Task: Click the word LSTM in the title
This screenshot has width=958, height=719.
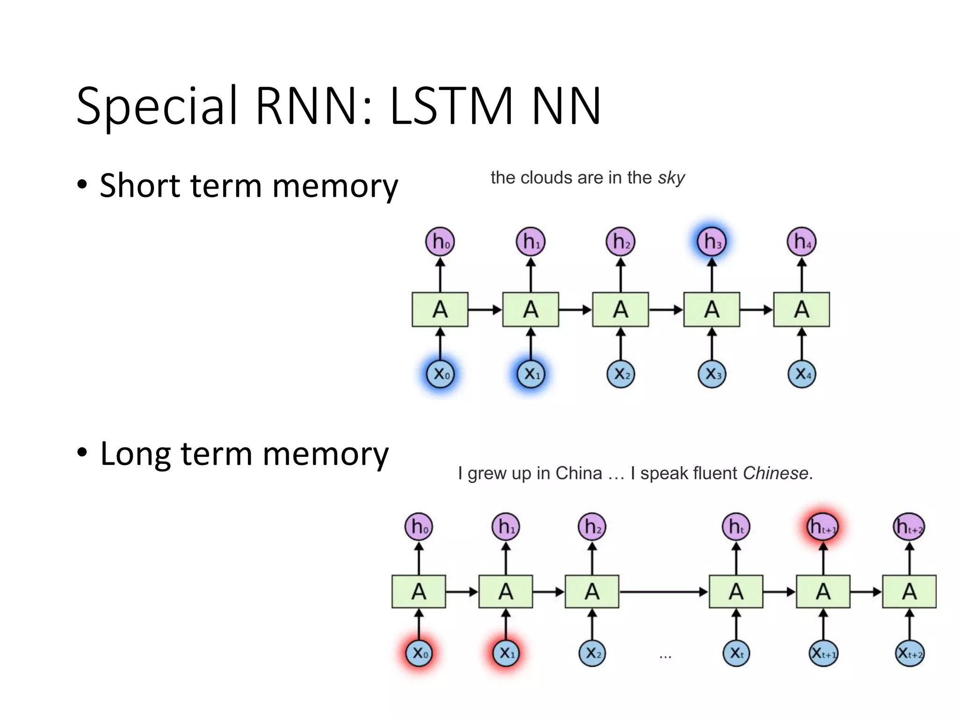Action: pyautogui.click(x=451, y=107)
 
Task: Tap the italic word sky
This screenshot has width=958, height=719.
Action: pyautogui.click(x=671, y=178)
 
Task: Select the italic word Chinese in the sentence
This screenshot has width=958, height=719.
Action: pyautogui.click(x=776, y=473)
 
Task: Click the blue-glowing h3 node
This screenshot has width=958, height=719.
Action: pyautogui.click(x=711, y=242)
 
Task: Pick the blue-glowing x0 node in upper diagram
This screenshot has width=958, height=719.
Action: pyautogui.click(x=440, y=374)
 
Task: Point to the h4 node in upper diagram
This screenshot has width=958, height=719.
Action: pyautogui.click(x=801, y=242)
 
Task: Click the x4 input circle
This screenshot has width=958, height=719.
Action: pyautogui.click(x=801, y=374)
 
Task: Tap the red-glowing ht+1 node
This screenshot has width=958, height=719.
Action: pyautogui.click(x=823, y=527)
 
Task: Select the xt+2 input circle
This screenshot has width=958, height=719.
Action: pyautogui.click(x=909, y=653)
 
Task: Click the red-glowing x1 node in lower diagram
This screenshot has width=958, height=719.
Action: pyautogui.click(x=506, y=653)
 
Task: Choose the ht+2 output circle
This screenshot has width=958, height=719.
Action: pyautogui.click(x=909, y=527)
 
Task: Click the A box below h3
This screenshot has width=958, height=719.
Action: pyautogui.click(x=711, y=309)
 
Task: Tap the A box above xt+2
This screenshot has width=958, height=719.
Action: pyautogui.click(x=909, y=592)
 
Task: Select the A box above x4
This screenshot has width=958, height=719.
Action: pyautogui.click(x=801, y=309)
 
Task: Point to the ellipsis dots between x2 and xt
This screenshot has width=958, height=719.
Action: pyautogui.click(x=665, y=657)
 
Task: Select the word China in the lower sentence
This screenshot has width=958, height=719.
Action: pyautogui.click(x=578, y=473)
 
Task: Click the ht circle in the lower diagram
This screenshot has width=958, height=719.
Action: pyautogui.click(x=736, y=527)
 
